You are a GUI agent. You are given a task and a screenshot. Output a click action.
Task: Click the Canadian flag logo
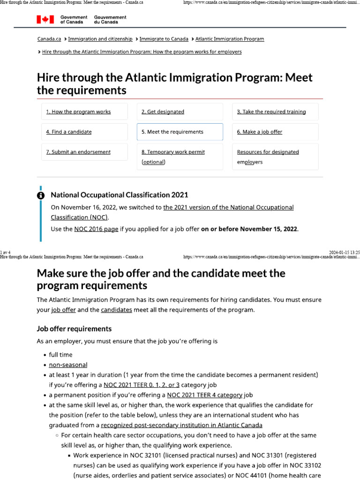coord(45,19)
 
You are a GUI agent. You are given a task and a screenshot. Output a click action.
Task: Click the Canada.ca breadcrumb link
coord(49,39)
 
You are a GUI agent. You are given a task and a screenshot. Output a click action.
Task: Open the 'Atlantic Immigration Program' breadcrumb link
coord(230,39)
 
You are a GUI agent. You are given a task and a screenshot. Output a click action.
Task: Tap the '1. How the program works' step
coord(78,112)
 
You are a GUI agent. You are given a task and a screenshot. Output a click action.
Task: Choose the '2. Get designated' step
coord(163,112)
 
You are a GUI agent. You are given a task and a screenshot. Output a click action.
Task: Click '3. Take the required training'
coord(271,112)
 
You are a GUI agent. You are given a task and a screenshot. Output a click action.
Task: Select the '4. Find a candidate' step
coord(69,132)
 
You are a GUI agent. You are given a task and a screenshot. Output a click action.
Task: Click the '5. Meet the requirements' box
coord(180,132)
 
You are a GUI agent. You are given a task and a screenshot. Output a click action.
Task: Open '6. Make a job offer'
coord(260,132)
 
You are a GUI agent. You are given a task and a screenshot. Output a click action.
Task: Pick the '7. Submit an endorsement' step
coord(78,152)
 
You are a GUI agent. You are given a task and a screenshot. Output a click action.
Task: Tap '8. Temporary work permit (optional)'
coord(173,157)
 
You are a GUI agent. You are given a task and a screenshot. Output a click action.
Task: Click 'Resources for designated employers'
coord(268,157)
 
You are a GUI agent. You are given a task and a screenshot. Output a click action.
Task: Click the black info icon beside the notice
coord(41,195)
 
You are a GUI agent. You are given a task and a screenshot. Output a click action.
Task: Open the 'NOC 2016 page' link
coord(96,229)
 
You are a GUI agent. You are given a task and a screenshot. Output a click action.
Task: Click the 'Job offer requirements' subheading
coord(74,329)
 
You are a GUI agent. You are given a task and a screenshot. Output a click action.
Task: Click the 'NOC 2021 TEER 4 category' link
coord(205,395)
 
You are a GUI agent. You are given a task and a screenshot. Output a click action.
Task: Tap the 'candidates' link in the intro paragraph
coord(116,310)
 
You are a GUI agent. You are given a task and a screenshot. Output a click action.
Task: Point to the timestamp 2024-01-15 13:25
coord(345,252)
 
